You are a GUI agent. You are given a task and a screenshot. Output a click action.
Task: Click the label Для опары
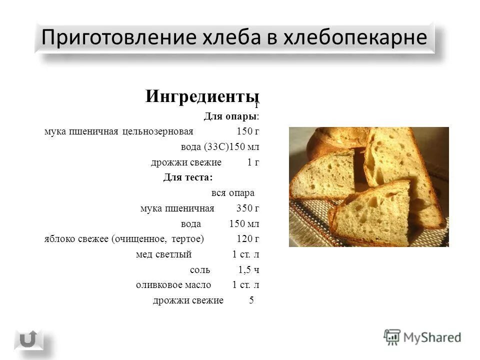231,116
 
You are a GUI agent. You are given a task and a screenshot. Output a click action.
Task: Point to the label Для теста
187,177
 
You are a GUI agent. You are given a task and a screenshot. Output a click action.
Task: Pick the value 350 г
247,208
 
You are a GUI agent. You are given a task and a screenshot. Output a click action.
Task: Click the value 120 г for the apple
247,239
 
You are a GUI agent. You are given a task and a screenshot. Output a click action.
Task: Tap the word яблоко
60,239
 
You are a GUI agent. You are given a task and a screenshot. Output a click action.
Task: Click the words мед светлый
164,254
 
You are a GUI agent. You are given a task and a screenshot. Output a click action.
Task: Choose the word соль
200,270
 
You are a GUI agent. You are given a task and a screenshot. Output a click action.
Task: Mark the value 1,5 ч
248,270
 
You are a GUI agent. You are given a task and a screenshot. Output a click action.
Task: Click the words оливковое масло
173,285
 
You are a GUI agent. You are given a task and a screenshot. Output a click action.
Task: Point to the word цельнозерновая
157,131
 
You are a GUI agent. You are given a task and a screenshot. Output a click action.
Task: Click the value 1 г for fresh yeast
253,162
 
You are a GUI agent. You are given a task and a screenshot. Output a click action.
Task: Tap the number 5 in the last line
251,300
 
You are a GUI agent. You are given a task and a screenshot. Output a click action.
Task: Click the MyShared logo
422,337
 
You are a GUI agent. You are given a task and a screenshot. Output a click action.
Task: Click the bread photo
368,186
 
